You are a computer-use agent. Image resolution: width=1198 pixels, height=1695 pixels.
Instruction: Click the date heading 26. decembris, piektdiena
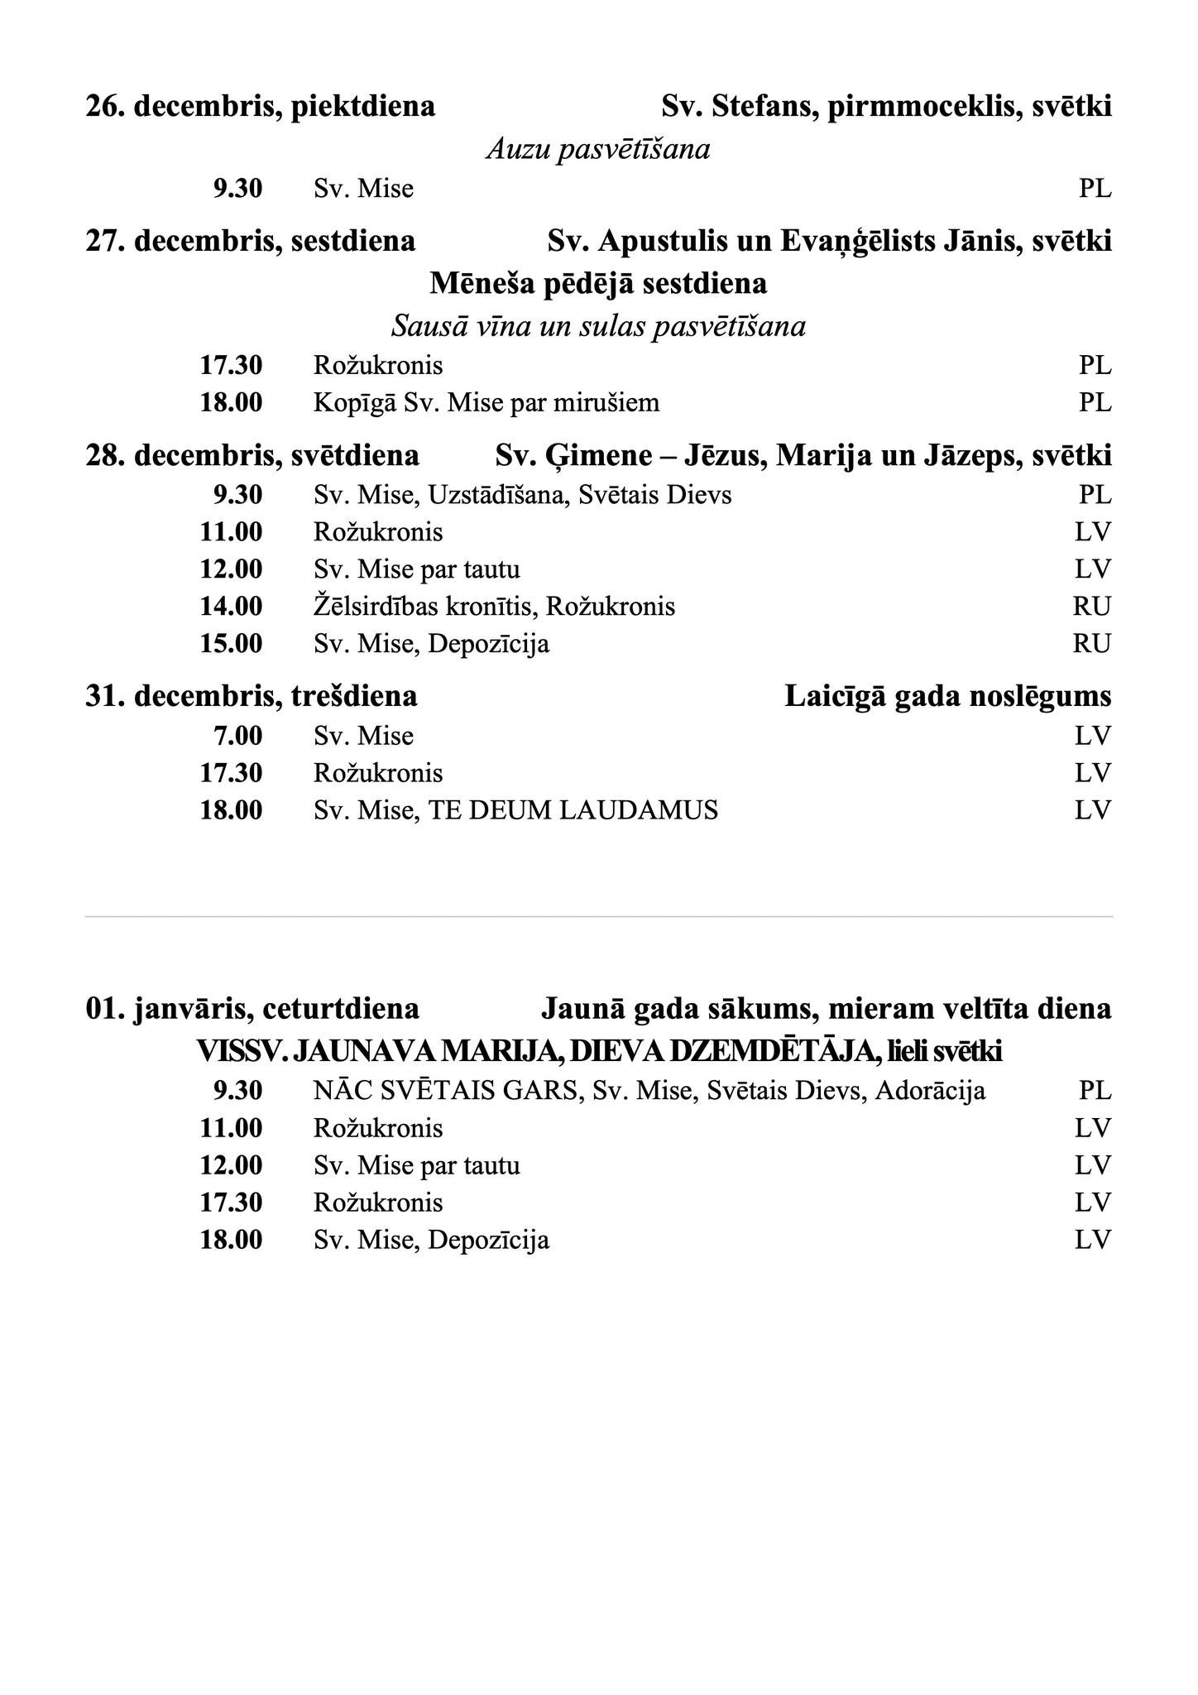point(260,107)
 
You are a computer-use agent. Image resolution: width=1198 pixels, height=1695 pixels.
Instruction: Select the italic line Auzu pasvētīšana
point(597,150)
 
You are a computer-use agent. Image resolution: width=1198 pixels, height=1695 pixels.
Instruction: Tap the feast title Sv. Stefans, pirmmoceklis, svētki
point(886,107)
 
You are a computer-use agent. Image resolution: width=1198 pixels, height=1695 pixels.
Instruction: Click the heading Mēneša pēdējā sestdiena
point(597,284)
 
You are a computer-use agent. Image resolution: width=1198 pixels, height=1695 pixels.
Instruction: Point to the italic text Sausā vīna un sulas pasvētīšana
point(597,327)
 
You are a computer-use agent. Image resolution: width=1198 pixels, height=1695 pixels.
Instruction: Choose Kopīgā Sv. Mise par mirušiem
point(486,403)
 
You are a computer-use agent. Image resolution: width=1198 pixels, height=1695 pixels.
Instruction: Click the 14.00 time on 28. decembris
point(231,607)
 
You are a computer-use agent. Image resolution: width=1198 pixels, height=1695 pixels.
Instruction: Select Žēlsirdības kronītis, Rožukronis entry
point(494,607)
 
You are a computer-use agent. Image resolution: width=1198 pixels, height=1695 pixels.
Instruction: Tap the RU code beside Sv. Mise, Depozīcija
point(1091,644)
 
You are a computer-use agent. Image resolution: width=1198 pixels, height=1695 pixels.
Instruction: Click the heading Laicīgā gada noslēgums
point(947,697)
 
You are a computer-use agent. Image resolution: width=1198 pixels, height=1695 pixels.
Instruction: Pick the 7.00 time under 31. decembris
point(237,736)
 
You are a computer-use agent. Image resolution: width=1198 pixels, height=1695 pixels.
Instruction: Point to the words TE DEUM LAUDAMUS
point(573,810)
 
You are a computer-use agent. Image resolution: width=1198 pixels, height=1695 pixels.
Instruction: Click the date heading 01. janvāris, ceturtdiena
point(252,1010)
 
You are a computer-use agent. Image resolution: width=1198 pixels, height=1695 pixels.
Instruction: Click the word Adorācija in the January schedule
point(930,1091)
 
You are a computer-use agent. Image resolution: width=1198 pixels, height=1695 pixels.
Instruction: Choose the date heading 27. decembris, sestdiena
point(250,242)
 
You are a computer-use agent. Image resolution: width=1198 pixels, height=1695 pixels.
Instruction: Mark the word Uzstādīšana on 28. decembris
point(496,496)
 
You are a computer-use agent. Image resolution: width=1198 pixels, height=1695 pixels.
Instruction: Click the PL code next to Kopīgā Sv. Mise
point(1095,403)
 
